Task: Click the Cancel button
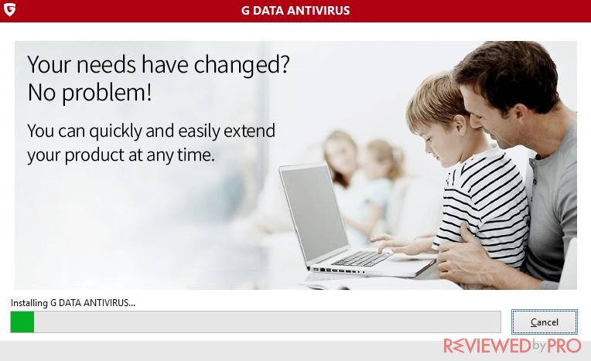click(545, 322)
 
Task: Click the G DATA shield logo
click(9, 9)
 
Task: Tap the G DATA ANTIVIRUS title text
click(295, 10)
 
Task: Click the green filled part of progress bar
click(22, 322)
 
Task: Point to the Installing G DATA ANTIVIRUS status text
click(73, 302)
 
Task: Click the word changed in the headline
click(241, 66)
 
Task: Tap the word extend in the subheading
click(250, 131)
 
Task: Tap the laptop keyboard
click(363, 258)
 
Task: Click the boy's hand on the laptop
click(392, 245)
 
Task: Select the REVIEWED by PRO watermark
click(512, 346)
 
